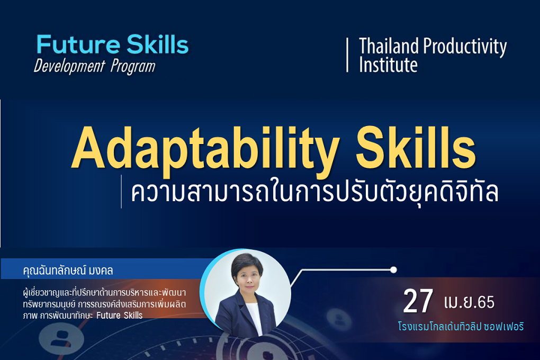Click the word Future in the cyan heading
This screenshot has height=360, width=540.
[x=78, y=44]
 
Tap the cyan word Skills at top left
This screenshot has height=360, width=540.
[x=157, y=44]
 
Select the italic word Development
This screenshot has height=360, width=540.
[x=69, y=66]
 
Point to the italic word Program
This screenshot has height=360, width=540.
[x=133, y=67]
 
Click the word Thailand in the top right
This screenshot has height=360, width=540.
[x=389, y=46]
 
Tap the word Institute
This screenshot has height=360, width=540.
[x=388, y=65]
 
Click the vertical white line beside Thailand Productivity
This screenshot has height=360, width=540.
[x=347, y=55]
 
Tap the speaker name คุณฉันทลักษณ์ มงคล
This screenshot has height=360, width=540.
[x=68, y=271]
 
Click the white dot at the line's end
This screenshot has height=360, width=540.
[x=393, y=269]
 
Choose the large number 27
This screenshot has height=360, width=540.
[x=418, y=301]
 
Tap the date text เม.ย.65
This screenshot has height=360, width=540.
[x=469, y=302]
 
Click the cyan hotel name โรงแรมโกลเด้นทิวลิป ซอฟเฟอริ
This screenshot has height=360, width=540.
[x=461, y=326]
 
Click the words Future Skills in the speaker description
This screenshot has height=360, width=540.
[x=120, y=315]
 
